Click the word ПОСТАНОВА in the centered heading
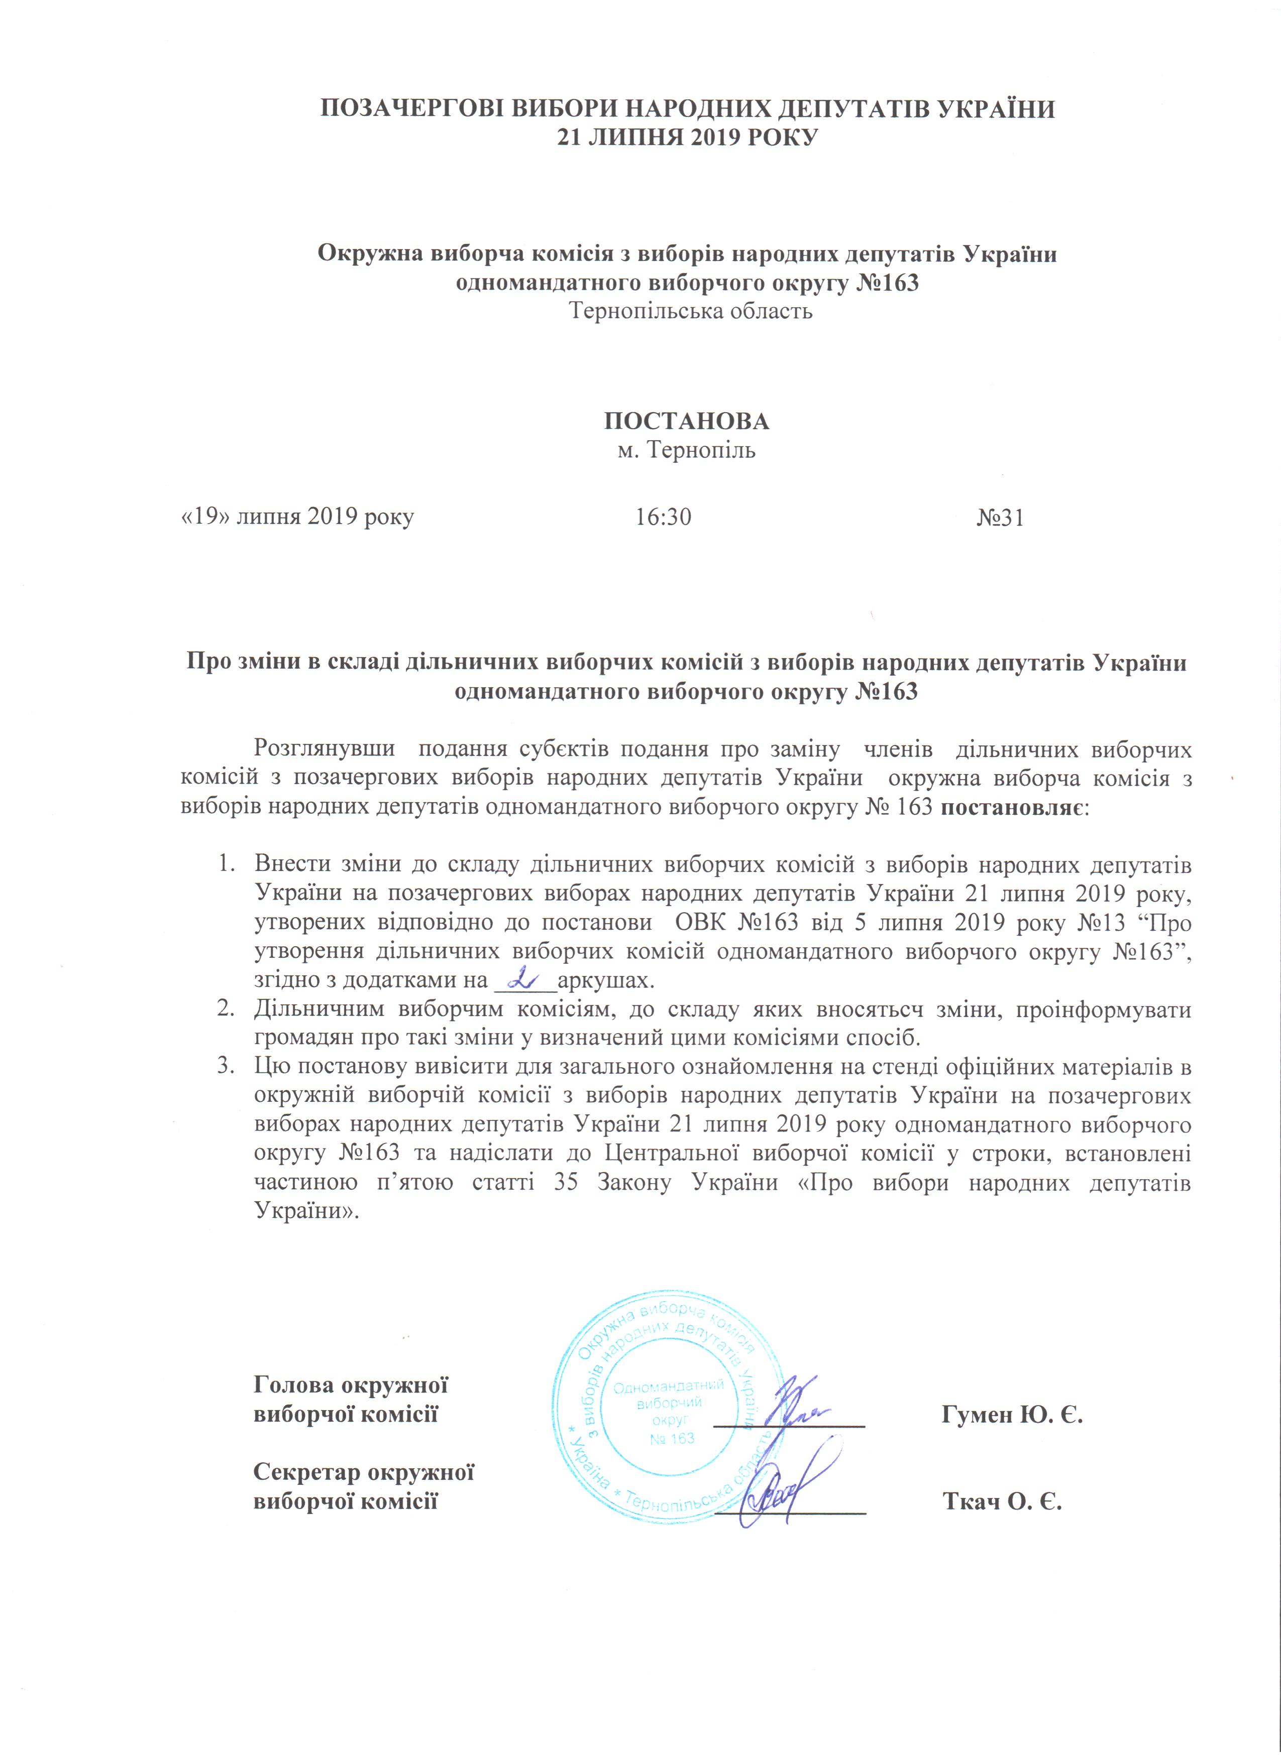[687, 422]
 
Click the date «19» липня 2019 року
[297, 517]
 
